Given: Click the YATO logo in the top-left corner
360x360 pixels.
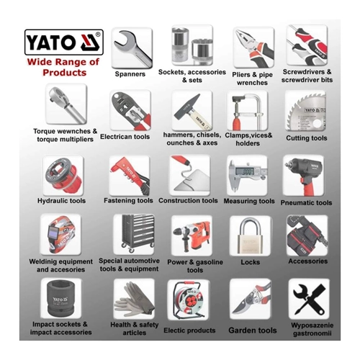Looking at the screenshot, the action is click(x=64, y=42).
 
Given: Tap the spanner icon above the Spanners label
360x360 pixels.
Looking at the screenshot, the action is click(x=132, y=48).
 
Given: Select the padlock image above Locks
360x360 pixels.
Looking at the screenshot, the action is click(x=251, y=235).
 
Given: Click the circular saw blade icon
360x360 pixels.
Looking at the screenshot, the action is click(x=307, y=111).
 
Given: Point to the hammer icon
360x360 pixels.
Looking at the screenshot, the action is click(x=192, y=111).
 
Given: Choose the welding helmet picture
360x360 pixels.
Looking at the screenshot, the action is click(x=61, y=235).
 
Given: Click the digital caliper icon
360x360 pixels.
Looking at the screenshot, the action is click(x=247, y=175).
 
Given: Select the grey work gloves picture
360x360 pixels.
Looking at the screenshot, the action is click(x=135, y=300).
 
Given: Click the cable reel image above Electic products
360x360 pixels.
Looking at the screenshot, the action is click(x=189, y=300).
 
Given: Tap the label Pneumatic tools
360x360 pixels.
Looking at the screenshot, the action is click(x=306, y=203).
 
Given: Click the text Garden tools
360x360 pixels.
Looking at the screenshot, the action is click(x=253, y=330).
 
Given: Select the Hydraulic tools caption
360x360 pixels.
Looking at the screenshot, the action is click(x=61, y=201).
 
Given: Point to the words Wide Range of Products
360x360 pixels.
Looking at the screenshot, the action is click(x=63, y=67).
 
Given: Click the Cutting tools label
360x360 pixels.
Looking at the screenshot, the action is click(x=307, y=138).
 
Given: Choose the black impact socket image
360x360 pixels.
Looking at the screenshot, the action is click(x=60, y=299).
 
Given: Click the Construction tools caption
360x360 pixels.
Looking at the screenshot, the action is click(x=188, y=200).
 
